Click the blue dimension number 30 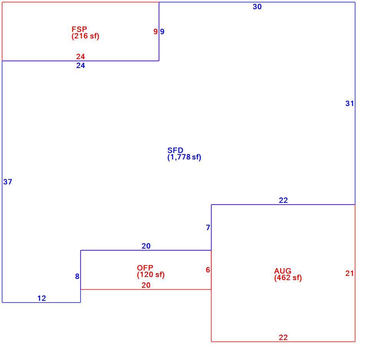[257, 7]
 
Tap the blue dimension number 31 [350, 103]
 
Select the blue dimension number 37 [8, 182]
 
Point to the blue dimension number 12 [42, 298]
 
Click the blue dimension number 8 [77, 276]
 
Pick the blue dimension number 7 [208, 228]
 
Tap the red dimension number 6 [208, 270]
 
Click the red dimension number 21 [350, 273]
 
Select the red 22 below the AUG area [283, 337]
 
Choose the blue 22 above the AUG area [283, 200]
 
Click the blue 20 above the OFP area [146, 246]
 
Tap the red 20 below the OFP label [146, 285]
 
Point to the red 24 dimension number [81, 56]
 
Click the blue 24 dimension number [81, 65]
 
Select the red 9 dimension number [156, 32]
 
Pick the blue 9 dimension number [162, 32]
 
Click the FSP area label [79, 29]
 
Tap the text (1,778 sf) [184, 157]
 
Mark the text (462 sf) [288, 277]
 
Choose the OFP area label [145, 268]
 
